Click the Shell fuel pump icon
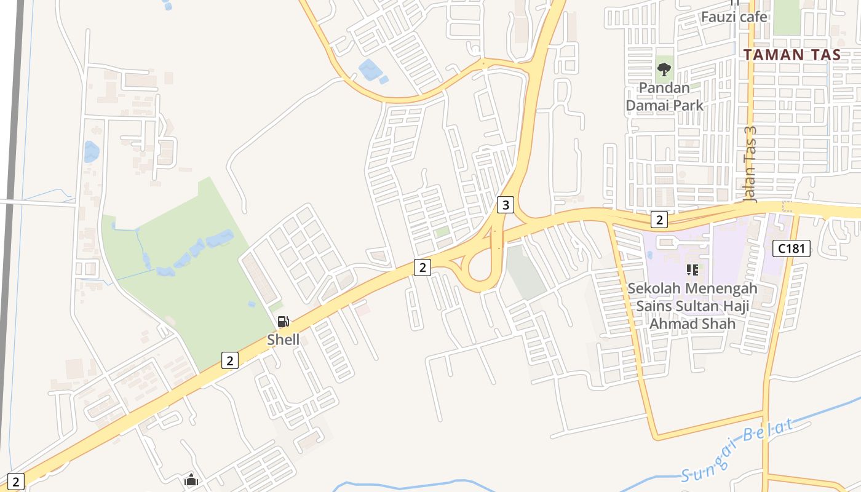(x=283, y=321)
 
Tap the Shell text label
(x=284, y=339)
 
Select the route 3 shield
(x=505, y=205)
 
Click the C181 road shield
(x=792, y=248)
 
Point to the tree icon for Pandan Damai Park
(x=664, y=68)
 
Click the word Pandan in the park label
(x=664, y=88)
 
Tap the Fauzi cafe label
(x=734, y=17)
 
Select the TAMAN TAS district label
(x=792, y=54)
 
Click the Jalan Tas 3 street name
(x=749, y=165)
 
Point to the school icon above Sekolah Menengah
(x=692, y=269)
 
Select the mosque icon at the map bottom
(x=191, y=479)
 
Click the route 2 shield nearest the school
(x=659, y=220)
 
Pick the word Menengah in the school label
(x=721, y=288)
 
